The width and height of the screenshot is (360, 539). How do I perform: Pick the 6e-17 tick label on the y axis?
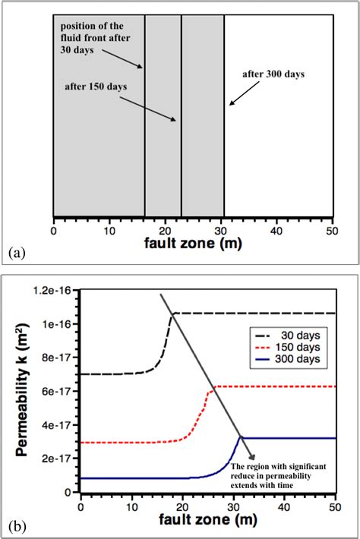coord(61,391)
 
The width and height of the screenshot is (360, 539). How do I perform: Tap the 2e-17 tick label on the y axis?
coord(61,459)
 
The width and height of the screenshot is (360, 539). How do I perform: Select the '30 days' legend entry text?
coord(295,333)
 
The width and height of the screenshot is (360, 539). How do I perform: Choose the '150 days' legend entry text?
coord(293,345)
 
